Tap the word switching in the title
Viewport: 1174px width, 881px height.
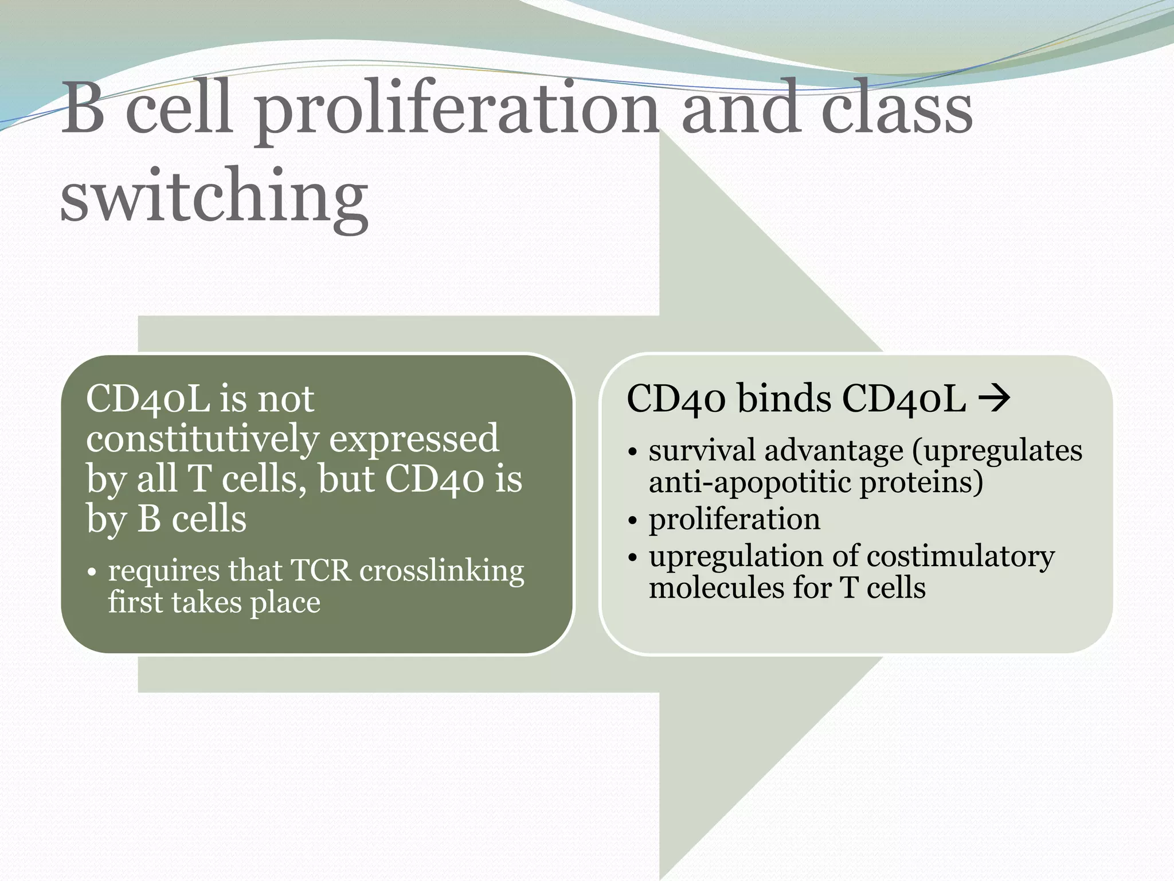[214, 196]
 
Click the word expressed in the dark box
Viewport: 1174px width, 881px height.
[414, 439]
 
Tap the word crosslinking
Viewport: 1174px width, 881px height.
[441, 571]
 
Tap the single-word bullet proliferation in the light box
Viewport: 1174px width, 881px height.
[734, 520]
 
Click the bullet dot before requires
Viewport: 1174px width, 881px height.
[92, 572]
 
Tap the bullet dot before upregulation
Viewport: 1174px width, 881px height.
[632, 558]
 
